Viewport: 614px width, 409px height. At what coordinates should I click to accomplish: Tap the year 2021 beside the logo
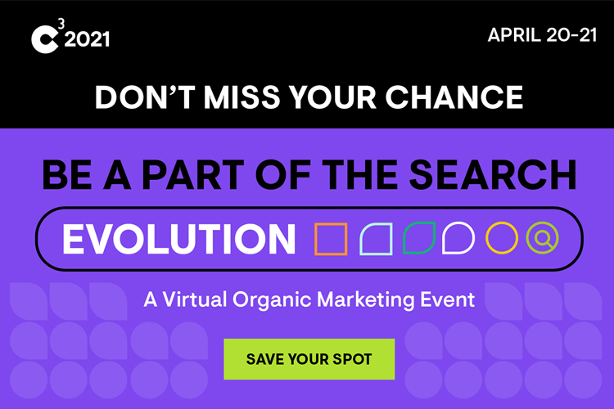(87, 39)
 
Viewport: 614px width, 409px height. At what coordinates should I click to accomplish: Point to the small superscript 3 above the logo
(61, 24)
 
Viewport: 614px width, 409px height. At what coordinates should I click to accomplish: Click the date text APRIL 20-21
(542, 35)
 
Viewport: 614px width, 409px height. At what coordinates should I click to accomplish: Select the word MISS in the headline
(242, 97)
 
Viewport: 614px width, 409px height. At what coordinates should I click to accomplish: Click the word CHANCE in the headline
(454, 97)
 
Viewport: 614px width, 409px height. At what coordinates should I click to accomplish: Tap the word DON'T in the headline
(145, 97)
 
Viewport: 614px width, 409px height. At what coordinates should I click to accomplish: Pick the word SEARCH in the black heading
(493, 174)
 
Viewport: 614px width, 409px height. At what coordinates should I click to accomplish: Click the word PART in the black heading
(193, 174)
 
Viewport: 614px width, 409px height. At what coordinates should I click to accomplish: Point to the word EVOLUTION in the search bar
(179, 239)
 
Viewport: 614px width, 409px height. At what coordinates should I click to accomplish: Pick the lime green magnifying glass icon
(543, 237)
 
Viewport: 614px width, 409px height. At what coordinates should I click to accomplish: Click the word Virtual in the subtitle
(195, 300)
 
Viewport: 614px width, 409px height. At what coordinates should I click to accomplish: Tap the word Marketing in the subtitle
(365, 300)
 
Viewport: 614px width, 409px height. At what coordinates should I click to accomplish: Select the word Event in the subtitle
(448, 300)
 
